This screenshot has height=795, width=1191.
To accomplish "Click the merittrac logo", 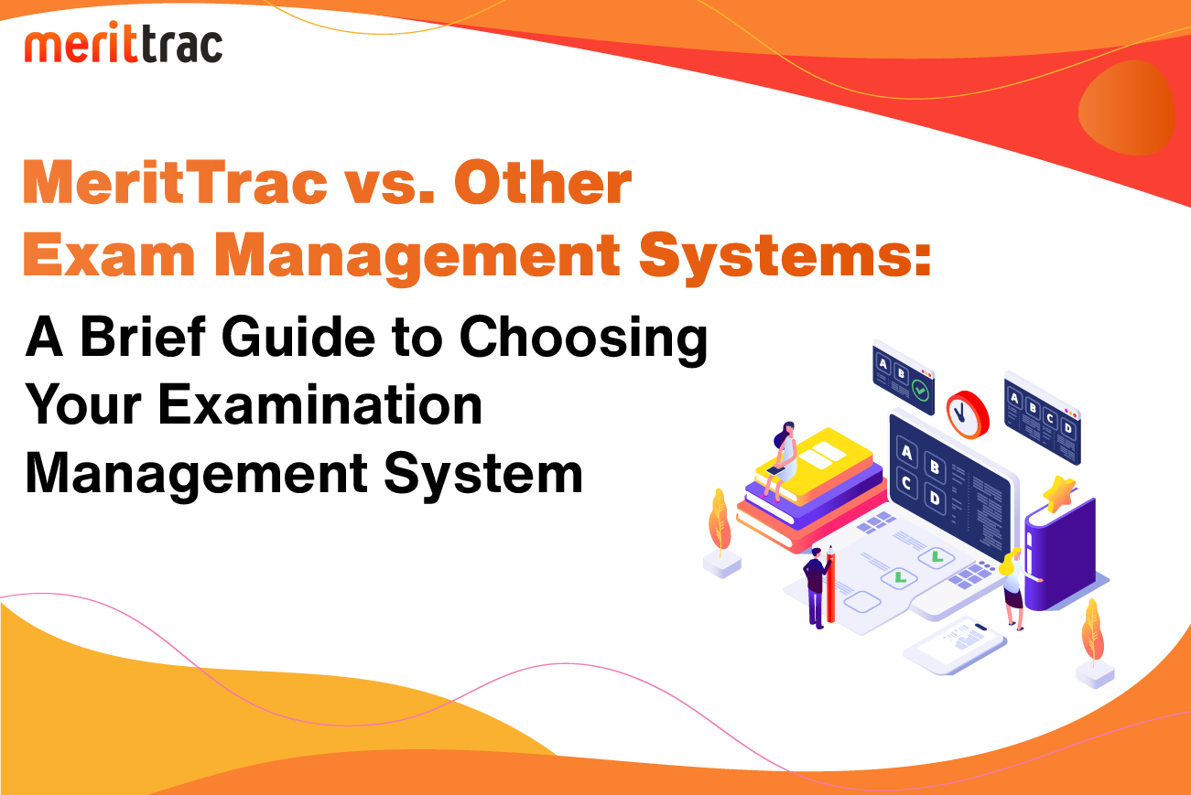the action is (x=124, y=42).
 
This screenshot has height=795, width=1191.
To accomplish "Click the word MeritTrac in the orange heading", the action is (x=175, y=182).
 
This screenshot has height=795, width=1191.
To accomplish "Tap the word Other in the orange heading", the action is (x=542, y=182).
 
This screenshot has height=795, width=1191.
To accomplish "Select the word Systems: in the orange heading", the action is (x=785, y=256).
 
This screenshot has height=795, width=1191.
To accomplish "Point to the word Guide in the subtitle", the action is (x=298, y=337).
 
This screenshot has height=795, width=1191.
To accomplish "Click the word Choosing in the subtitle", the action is (x=583, y=340).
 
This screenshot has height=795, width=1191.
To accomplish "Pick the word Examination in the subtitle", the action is (x=320, y=405).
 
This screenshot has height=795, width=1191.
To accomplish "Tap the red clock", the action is (x=967, y=414).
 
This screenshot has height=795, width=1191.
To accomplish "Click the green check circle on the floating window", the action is (x=920, y=390).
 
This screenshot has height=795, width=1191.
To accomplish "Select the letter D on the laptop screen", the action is (x=935, y=498).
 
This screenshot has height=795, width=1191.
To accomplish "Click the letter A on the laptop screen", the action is (x=906, y=452).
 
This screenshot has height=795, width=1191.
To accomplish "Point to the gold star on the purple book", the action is (x=1060, y=493).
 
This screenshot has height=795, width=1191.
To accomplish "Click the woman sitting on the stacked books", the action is (x=781, y=460).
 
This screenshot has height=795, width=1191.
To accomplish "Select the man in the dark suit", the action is (x=816, y=587).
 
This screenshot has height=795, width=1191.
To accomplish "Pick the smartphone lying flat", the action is (x=955, y=644).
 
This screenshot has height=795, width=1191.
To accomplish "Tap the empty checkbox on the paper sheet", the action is (x=861, y=602).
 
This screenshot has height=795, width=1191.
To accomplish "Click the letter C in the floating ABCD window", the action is (x=1050, y=418).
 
